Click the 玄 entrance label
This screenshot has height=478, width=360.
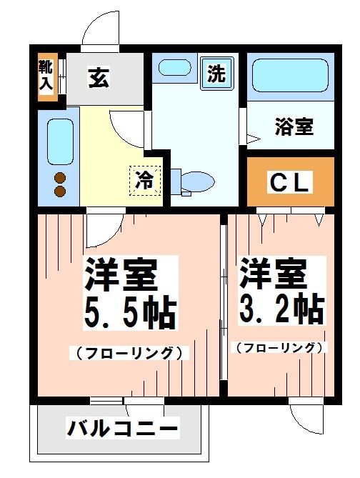tap(99, 78)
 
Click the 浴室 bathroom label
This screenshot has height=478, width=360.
tap(293, 128)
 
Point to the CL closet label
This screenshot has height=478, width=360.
tap(290, 183)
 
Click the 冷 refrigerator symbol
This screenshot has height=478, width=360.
tap(144, 179)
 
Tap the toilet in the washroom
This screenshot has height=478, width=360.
tap(194, 181)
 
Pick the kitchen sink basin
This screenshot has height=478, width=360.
tap(60, 140)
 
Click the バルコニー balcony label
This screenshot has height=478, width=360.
tap(123, 429)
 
